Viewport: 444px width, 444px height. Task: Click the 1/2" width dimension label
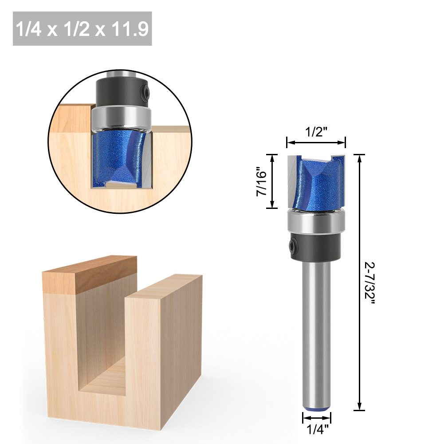316,132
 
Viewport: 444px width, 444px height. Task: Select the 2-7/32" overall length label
369,283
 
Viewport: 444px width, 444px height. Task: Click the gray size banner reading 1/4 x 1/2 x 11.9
83,28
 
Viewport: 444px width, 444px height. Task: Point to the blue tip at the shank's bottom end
316,409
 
